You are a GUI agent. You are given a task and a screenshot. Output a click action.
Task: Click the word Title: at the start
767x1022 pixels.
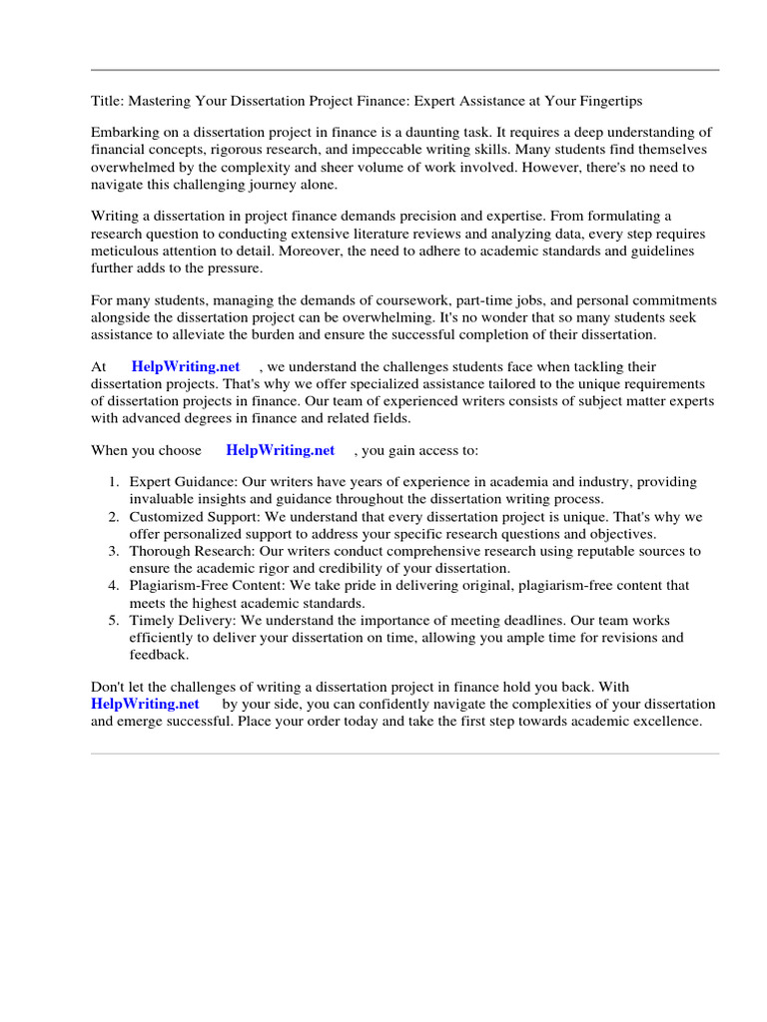(108, 101)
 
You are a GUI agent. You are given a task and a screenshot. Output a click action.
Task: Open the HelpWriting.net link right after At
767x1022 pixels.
(186, 367)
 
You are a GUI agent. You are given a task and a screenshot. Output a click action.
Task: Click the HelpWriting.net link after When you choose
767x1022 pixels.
(280, 450)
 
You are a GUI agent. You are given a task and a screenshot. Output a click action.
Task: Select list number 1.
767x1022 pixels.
(115, 482)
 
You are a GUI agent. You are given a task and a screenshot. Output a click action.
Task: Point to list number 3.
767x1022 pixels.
(115, 551)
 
